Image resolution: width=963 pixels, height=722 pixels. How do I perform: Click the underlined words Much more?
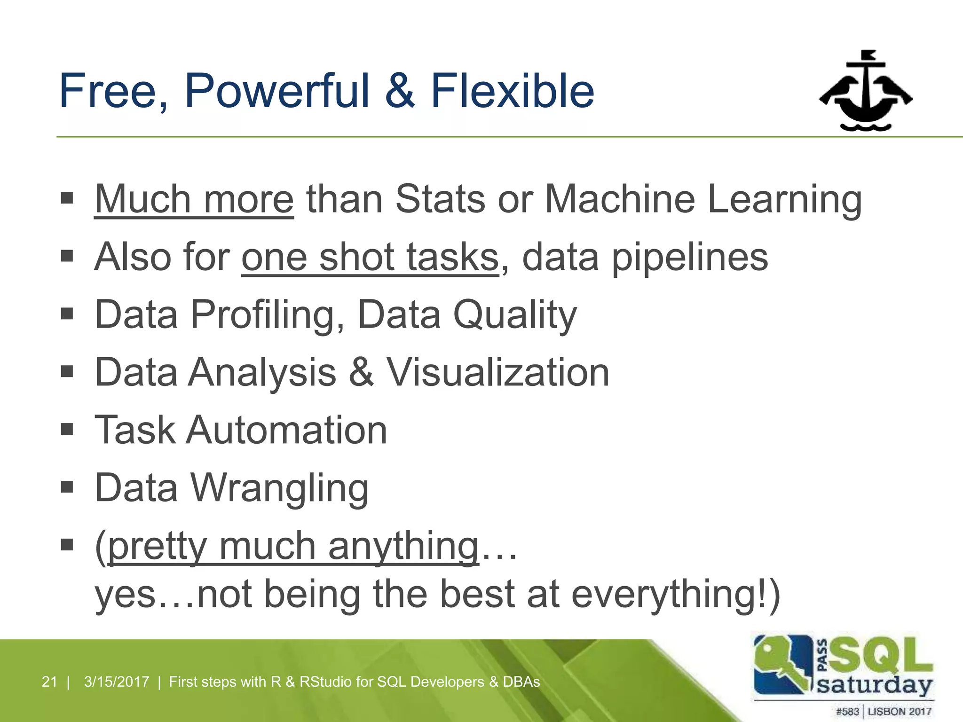pyautogui.click(x=194, y=199)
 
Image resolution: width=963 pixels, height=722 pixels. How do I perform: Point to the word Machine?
pyautogui.click(x=619, y=199)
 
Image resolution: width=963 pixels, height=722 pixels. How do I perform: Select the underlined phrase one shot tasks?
pyautogui.click(x=370, y=257)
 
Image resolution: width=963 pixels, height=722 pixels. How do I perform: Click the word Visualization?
pyautogui.click(x=497, y=372)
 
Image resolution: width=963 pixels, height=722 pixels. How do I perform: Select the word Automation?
pyautogui.click(x=286, y=430)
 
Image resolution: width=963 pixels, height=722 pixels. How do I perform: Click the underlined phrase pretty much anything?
pyautogui.click(x=293, y=547)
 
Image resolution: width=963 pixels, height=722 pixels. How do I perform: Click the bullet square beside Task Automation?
pyautogui.click(x=67, y=429)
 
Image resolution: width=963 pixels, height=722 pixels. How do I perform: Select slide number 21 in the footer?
pyautogui.click(x=49, y=682)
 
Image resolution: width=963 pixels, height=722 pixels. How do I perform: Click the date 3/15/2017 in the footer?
pyautogui.click(x=117, y=682)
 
